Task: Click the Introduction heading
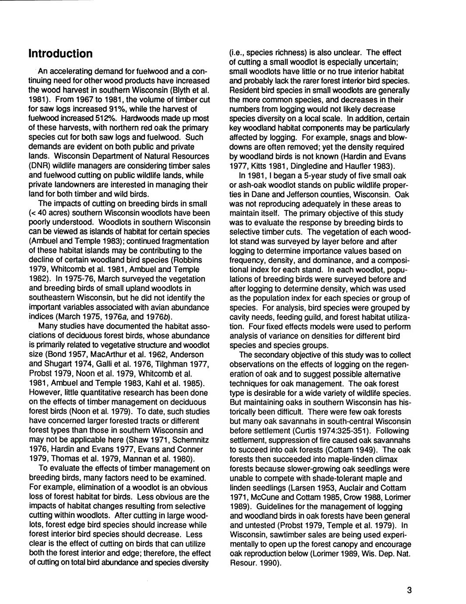point(60,54)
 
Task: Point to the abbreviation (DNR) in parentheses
point(39,165)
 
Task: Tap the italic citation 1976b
point(158,316)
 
